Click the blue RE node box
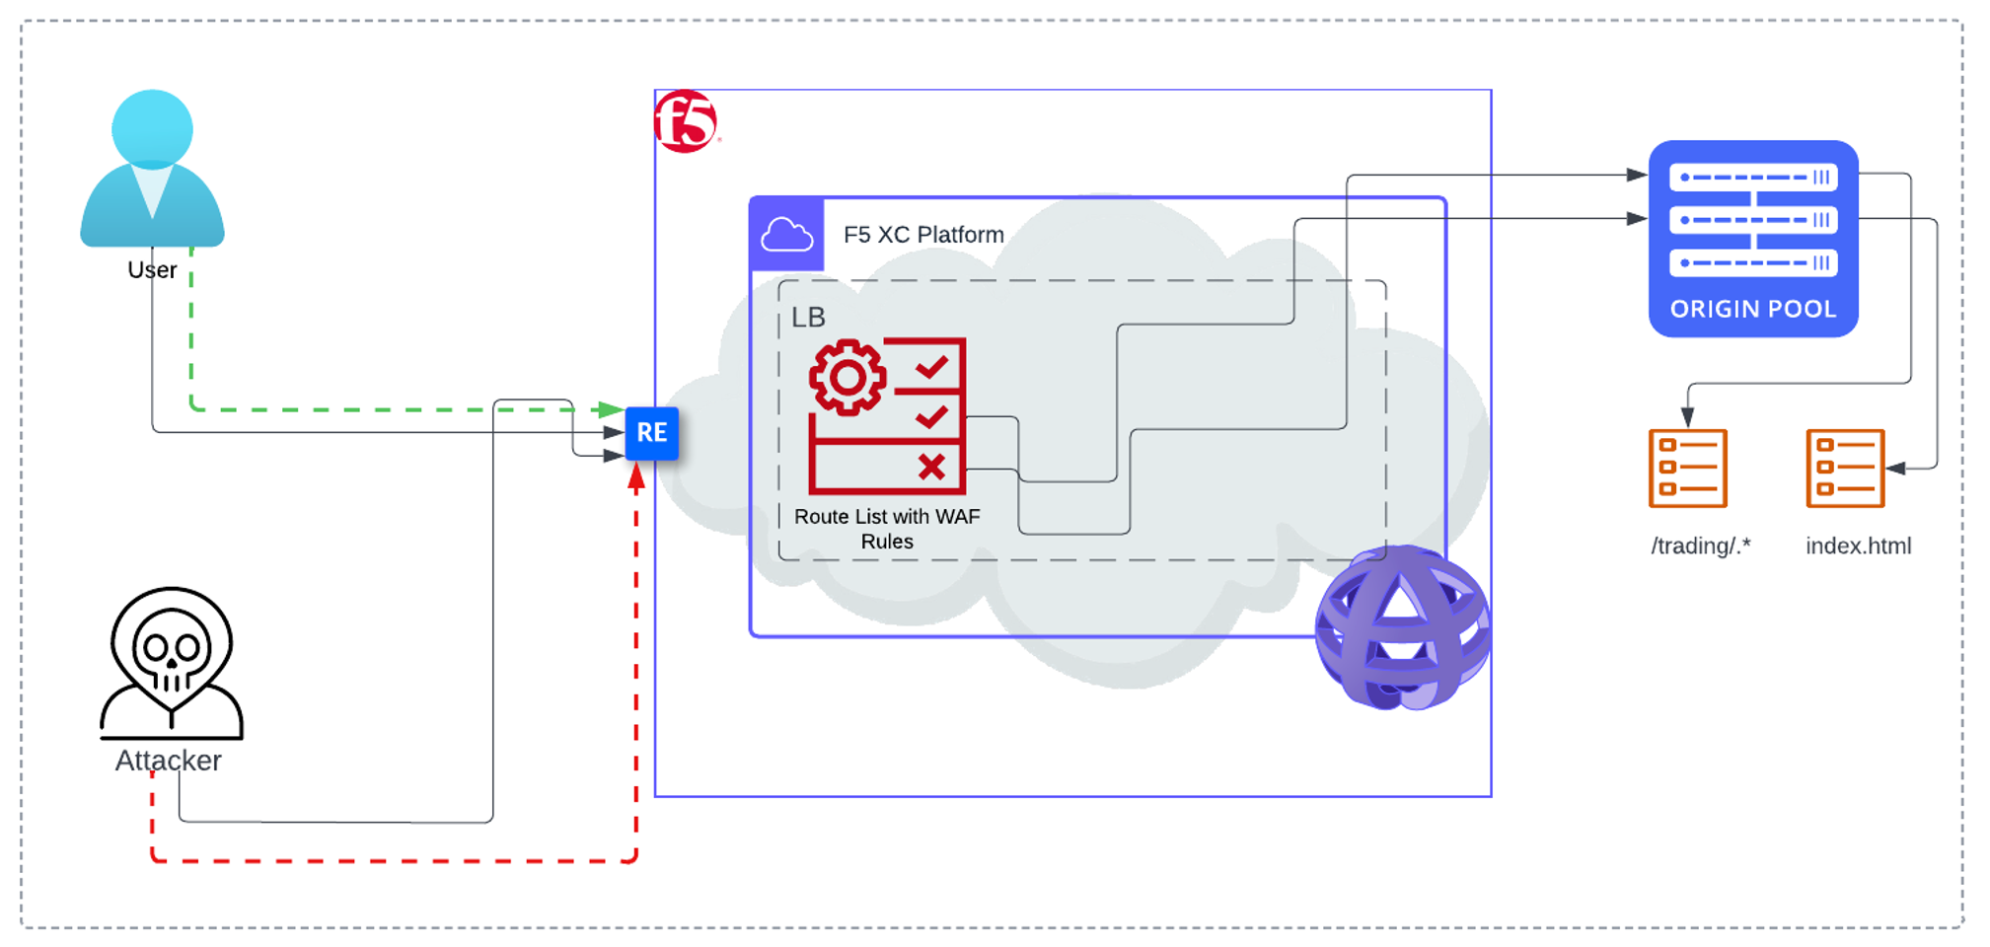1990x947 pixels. click(x=651, y=433)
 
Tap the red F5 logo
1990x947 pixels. click(x=686, y=121)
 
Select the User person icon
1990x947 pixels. click(x=152, y=169)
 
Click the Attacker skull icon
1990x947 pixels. click(x=172, y=662)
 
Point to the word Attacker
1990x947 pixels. click(x=168, y=761)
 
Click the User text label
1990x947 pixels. click(x=152, y=270)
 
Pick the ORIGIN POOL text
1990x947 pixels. click(x=1752, y=309)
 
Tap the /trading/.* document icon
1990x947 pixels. click(x=1687, y=468)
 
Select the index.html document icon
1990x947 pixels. click(x=1844, y=468)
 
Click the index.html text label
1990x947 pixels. click(x=1858, y=546)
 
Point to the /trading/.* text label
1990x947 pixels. click(x=1700, y=546)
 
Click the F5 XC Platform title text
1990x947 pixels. click(x=923, y=235)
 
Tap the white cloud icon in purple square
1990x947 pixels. click(x=786, y=235)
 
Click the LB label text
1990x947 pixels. click(x=808, y=318)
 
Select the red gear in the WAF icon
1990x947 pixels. click(x=847, y=377)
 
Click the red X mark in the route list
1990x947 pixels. click(x=931, y=467)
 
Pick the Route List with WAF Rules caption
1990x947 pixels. click(x=887, y=529)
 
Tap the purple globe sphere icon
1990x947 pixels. click(x=1402, y=627)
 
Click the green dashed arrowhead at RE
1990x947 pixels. click(x=611, y=408)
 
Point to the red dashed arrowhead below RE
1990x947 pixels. click(x=636, y=477)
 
